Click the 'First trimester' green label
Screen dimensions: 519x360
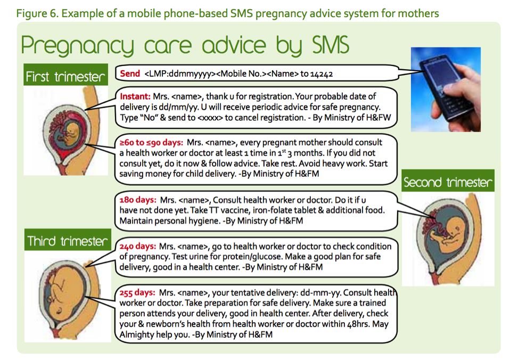tap(65, 75)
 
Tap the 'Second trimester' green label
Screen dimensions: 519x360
tap(448, 181)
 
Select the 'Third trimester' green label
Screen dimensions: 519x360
tap(68, 240)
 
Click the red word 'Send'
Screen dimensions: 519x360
tap(130, 73)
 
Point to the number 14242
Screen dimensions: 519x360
tap(322, 74)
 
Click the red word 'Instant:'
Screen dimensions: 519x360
tap(135, 96)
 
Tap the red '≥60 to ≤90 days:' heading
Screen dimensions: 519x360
tap(151, 143)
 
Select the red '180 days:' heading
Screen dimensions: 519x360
tap(138, 200)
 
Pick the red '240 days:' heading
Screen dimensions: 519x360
tap(137, 247)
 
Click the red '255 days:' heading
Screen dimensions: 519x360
tap(137, 293)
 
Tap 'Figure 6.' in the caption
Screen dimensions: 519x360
tap(37, 13)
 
